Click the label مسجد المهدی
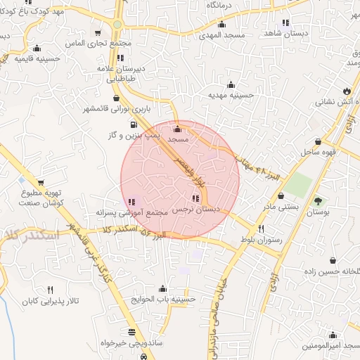[x=221, y=34]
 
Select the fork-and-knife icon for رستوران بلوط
[x=262, y=229]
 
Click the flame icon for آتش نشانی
[x=347, y=91]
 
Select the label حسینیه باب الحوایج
[x=163, y=298]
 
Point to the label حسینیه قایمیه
[x=25, y=58]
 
